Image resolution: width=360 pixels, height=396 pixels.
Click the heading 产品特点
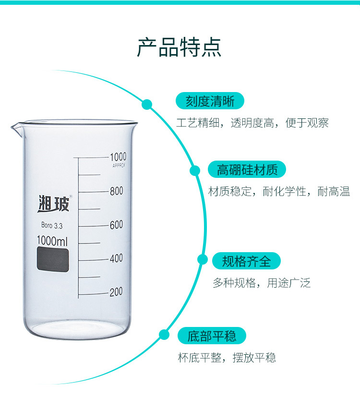179,47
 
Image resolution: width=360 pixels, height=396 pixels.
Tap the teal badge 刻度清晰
210,101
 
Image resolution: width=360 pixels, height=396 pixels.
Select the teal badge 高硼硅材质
247,169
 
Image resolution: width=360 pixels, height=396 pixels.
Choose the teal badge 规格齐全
246,261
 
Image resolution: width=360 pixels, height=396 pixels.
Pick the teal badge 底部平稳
212,336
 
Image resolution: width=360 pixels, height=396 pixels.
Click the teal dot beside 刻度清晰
147,105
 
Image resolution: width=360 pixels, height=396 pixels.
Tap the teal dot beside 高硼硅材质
195,171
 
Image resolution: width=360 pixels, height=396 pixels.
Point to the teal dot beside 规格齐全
202,259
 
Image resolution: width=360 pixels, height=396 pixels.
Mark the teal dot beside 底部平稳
164,335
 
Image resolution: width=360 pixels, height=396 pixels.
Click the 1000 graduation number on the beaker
118,157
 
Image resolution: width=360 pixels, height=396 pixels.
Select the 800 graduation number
117,191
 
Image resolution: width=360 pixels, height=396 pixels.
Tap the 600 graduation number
116,225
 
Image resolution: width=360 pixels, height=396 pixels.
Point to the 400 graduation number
116,258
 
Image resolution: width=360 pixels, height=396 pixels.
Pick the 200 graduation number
116,292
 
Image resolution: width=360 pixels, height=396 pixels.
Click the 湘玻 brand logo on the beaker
54,204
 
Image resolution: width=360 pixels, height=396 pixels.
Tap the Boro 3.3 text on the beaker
52,225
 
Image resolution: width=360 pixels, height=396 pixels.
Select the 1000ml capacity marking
52,241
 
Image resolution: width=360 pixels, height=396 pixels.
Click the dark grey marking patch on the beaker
53,259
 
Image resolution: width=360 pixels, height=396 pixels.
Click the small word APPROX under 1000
119,166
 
